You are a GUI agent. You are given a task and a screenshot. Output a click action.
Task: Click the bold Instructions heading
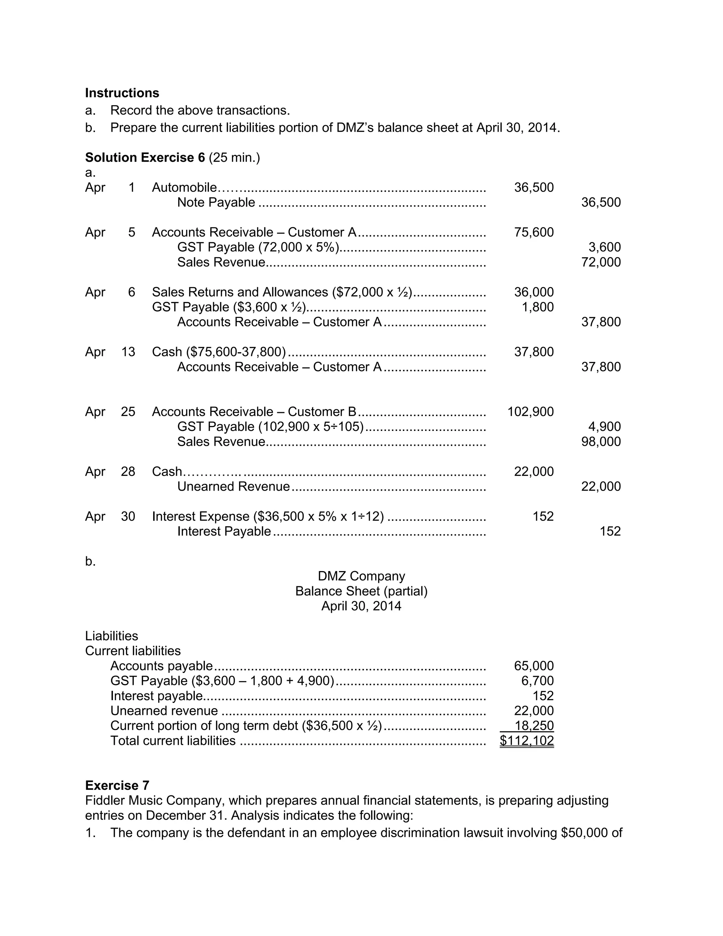click(122, 93)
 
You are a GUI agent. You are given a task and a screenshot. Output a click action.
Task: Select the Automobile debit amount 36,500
click(533, 188)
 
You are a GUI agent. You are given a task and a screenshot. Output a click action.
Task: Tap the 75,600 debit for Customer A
click(533, 232)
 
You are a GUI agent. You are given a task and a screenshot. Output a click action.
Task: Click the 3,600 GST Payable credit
click(604, 247)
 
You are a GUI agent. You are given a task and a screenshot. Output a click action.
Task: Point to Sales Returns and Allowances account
click(240, 292)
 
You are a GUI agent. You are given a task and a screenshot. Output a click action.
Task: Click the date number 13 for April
click(128, 352)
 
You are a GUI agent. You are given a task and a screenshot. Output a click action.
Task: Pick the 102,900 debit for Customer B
click(530, 412)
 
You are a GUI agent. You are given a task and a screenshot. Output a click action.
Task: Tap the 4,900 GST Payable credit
click(604, 427)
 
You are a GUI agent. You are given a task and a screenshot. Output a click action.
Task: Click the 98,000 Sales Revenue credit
click(600, 442)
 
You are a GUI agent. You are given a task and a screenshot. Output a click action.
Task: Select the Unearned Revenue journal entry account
click(233, 487)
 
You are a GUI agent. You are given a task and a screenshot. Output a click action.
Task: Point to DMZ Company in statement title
click(361, 576)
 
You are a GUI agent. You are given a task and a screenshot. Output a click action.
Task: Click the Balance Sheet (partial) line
click(361, 591)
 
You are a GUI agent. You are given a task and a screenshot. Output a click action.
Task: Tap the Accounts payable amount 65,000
click(533, 666)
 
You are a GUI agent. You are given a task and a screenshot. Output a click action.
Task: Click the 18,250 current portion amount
click(534, 726)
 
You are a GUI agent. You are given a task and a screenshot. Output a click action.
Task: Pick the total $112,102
click(526, 741)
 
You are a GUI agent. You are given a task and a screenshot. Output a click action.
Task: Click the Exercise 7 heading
click(117, 786)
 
